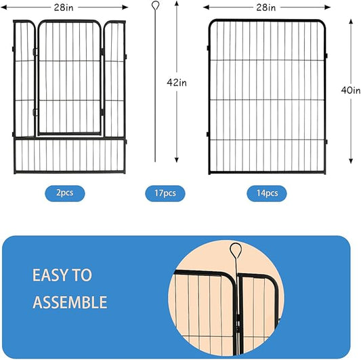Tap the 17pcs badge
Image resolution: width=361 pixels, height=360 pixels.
(x=164, y=193)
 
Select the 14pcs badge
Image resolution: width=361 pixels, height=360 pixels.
(x=266, y=193)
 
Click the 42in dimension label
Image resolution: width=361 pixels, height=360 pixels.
(x=177, y=82)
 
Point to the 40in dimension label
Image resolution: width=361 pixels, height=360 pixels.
(x=351, y=90)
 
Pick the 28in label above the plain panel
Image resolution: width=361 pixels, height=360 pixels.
(x=267, y=7)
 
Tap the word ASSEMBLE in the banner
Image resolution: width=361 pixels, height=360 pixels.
(x=70, y=302)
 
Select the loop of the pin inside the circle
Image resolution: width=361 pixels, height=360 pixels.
(x=235, y=251)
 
